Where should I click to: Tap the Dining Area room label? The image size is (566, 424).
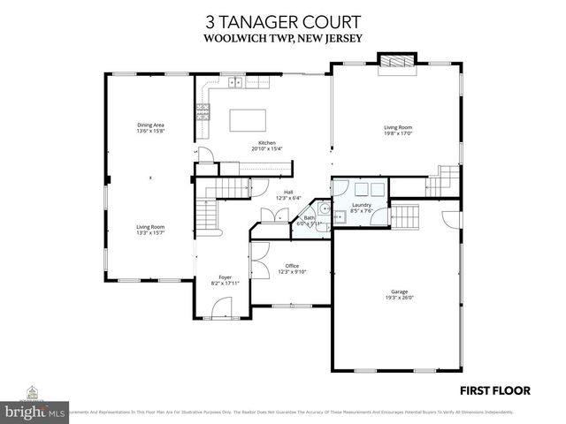pos(150,129)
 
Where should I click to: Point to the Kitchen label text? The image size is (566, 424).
pos(266,146)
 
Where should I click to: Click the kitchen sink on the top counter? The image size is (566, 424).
pos(236,83)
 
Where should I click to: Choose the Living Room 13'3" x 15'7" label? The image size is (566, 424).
pos(150,230)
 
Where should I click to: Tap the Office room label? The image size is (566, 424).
pos(291,269)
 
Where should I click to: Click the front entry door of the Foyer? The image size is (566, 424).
pos(221,309)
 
